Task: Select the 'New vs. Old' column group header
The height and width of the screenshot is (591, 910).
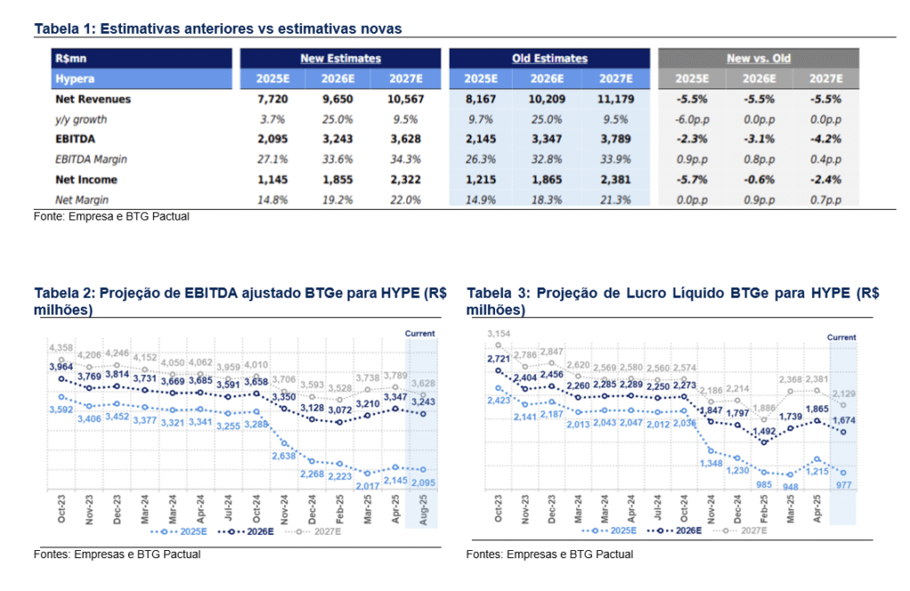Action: [758, 59]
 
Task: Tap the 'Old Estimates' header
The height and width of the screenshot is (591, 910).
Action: [549, 59]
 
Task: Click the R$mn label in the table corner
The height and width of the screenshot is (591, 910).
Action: [70, 59]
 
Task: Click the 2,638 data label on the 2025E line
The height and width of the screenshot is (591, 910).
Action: [283, 456]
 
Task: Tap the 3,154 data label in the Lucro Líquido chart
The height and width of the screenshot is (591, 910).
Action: [499, 333]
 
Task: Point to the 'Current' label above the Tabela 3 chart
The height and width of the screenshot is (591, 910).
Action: [842, 338]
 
